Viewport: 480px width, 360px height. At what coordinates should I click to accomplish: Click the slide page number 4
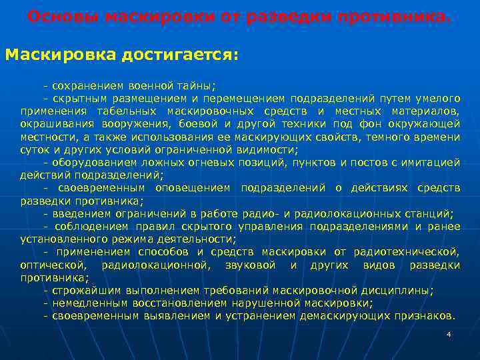point(449,333)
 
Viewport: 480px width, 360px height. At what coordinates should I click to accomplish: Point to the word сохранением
point(83,86)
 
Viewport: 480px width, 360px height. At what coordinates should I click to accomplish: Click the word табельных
point(128,111)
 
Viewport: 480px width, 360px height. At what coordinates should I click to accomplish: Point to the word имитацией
point(433,162)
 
